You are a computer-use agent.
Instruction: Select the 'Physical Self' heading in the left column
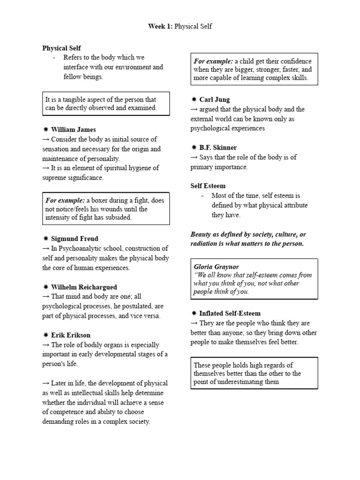click(61, 48)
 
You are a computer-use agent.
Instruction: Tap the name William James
click(74, 129)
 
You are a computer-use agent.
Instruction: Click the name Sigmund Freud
click(75, 239)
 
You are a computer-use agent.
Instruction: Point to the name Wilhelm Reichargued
click(84, 287)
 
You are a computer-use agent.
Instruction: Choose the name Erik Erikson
click(71, 335)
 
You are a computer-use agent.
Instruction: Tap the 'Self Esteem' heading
click(208, 186)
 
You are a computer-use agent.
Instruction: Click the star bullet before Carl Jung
click(194, 99)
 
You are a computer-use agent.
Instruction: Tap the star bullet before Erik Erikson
click(45, 335)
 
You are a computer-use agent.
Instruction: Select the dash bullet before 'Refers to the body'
click(54, 58)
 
